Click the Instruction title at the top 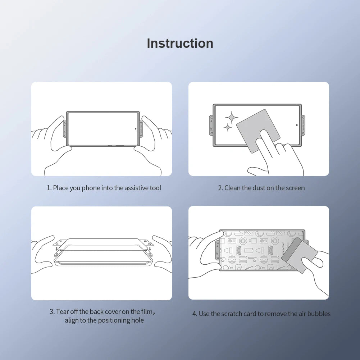[180, 43]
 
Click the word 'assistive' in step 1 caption [137, 188]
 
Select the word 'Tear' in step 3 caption [63, 311]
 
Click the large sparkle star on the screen [232, 117]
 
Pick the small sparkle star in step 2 [227, 127]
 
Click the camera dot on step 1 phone [136, 128]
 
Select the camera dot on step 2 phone [297, 125]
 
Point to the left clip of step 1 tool [65, 129]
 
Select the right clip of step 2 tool [304, 126]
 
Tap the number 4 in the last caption [194, 314]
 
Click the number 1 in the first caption [49, 188]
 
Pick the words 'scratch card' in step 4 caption [237, 314]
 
